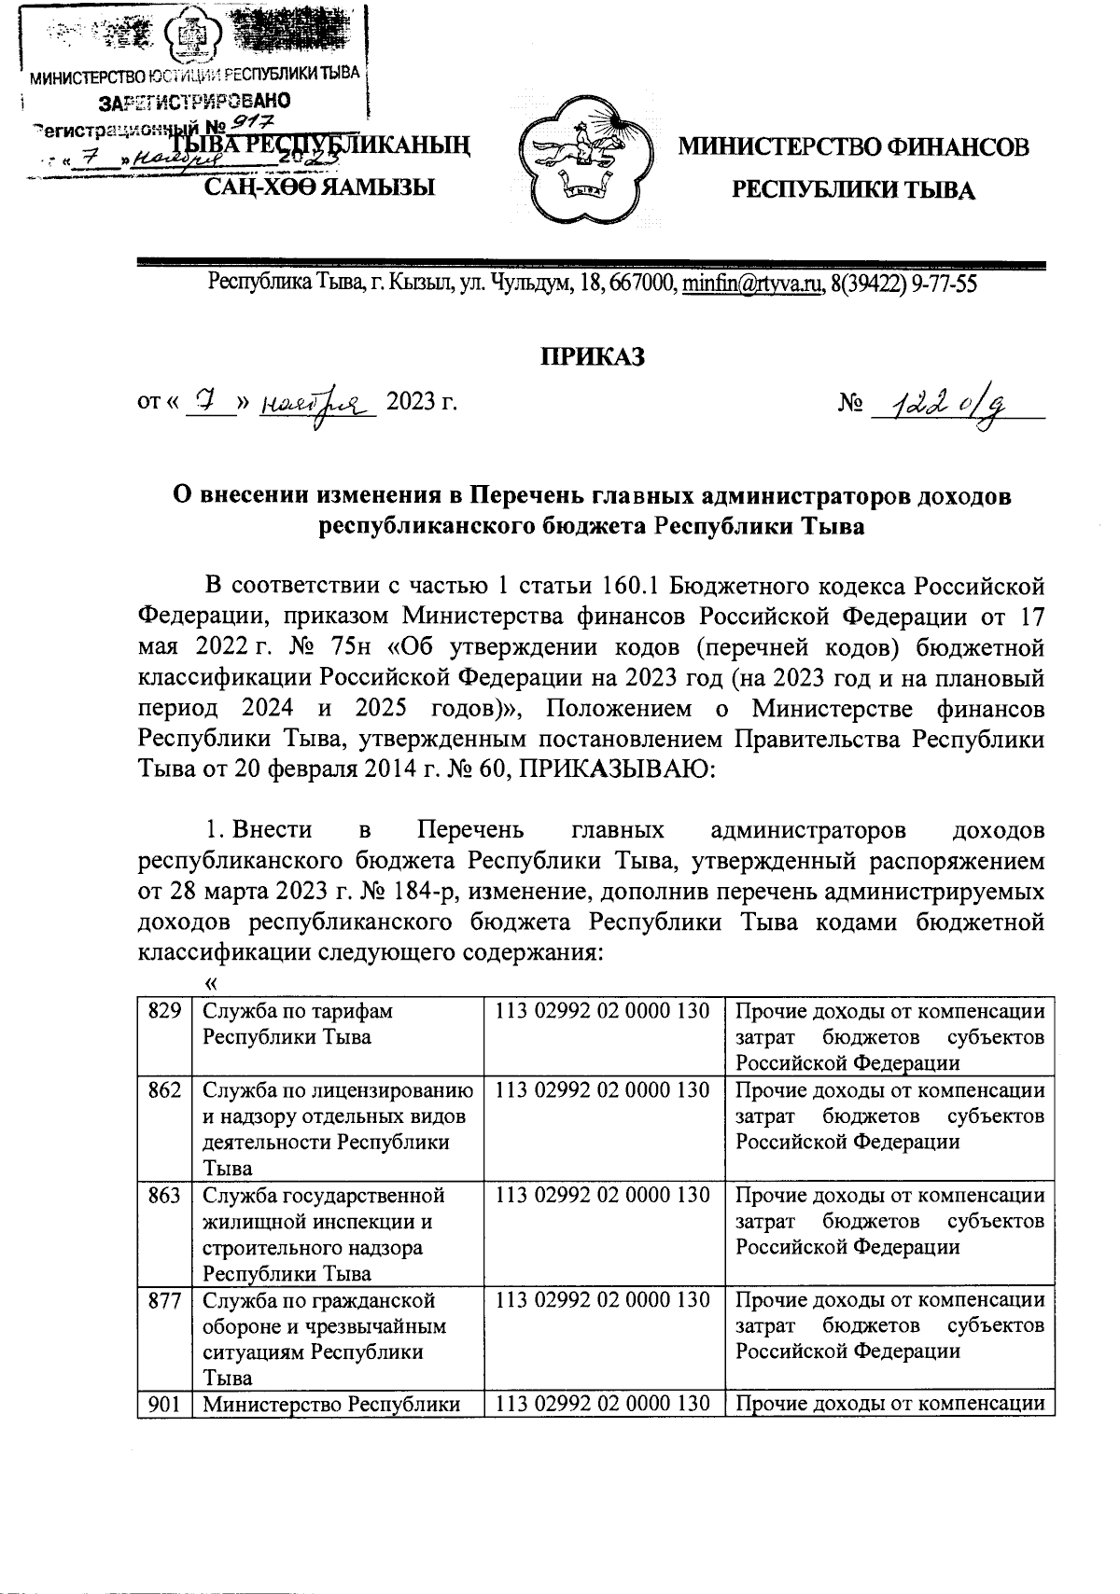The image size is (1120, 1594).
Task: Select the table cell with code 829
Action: (163, 1011)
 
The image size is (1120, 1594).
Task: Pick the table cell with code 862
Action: (163, 1090)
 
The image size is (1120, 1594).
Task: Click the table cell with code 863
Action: (163, 1196)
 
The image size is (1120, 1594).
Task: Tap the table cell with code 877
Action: (163, 1300)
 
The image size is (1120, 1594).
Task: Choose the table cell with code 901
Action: (163, 1405)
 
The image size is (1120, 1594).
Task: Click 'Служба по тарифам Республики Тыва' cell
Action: (336, 1024)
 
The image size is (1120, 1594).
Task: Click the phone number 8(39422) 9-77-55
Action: (903, 283)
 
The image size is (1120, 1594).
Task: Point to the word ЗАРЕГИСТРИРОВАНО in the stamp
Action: (194, 101)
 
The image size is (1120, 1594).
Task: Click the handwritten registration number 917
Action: (246, 121)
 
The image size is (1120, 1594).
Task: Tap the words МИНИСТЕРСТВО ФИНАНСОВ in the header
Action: (853, 147)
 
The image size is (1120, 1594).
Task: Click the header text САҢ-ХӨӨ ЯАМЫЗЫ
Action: (320, 188)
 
